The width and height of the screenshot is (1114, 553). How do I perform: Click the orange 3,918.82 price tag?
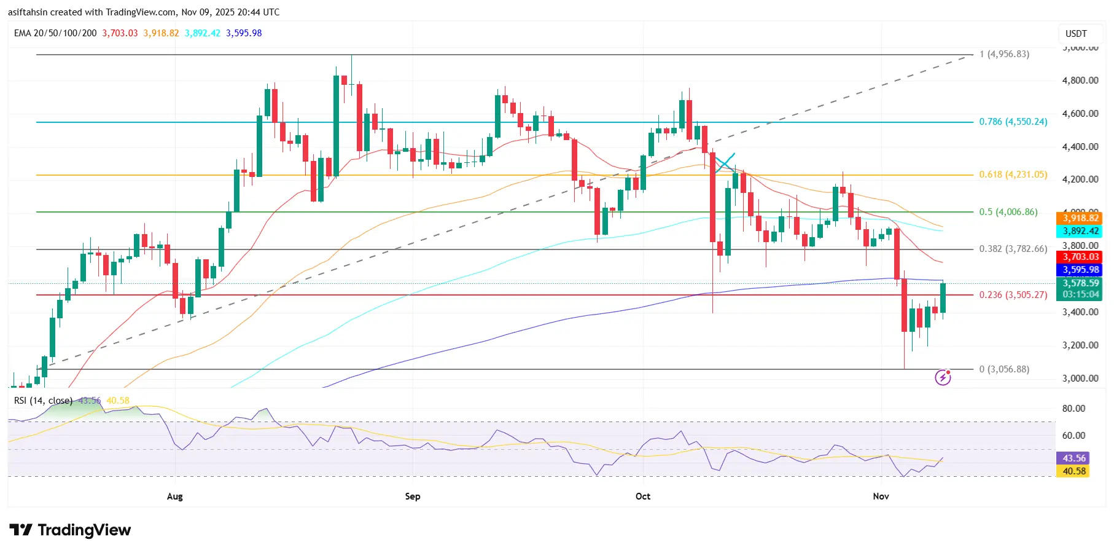(x=1080, y=218)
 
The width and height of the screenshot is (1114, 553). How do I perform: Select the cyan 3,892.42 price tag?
(x=1080, y=231)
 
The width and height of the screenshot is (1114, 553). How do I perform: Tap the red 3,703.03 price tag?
(x=1080, y=257)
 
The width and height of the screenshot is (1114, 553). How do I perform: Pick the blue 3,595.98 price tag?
(x=1080, y=270)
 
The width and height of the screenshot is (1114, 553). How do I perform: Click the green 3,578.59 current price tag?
(x=1080, y=283)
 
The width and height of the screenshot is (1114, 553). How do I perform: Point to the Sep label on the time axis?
(x=413, y=496)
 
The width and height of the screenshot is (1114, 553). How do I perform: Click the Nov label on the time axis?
(x=881, y=496)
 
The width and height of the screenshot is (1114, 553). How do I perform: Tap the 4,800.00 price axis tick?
(x=1080, y=80)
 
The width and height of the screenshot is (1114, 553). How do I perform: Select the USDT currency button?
(x=1076, y=34)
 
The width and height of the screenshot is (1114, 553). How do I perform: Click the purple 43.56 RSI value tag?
(x=1073, y=458)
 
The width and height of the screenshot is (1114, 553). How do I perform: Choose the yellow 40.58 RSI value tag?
(x=1073, y=471)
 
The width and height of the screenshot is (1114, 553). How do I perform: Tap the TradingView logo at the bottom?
(x=71, y=530)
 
